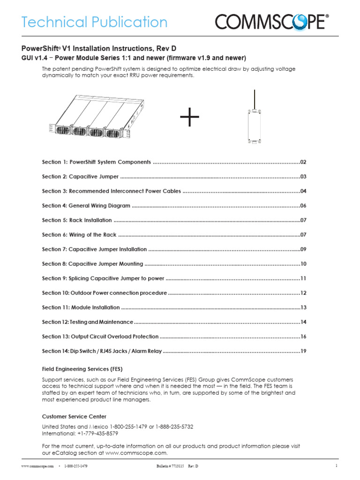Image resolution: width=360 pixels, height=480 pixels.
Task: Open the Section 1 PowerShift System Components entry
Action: point(96,162)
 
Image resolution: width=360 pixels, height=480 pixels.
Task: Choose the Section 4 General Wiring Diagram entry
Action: point(86,206)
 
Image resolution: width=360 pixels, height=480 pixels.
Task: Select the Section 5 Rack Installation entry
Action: point(77,220)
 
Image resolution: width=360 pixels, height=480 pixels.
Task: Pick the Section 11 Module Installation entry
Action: point(81,307)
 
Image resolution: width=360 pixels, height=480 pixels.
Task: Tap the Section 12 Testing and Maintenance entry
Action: point(88,322)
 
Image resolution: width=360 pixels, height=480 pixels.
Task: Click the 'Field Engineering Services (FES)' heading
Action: point(82,369)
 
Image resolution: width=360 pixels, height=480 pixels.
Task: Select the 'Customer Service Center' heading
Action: point(74,416)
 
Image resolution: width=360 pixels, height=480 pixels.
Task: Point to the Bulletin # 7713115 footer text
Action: point(170,466)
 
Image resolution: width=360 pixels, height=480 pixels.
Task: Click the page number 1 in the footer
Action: point(337,465)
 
